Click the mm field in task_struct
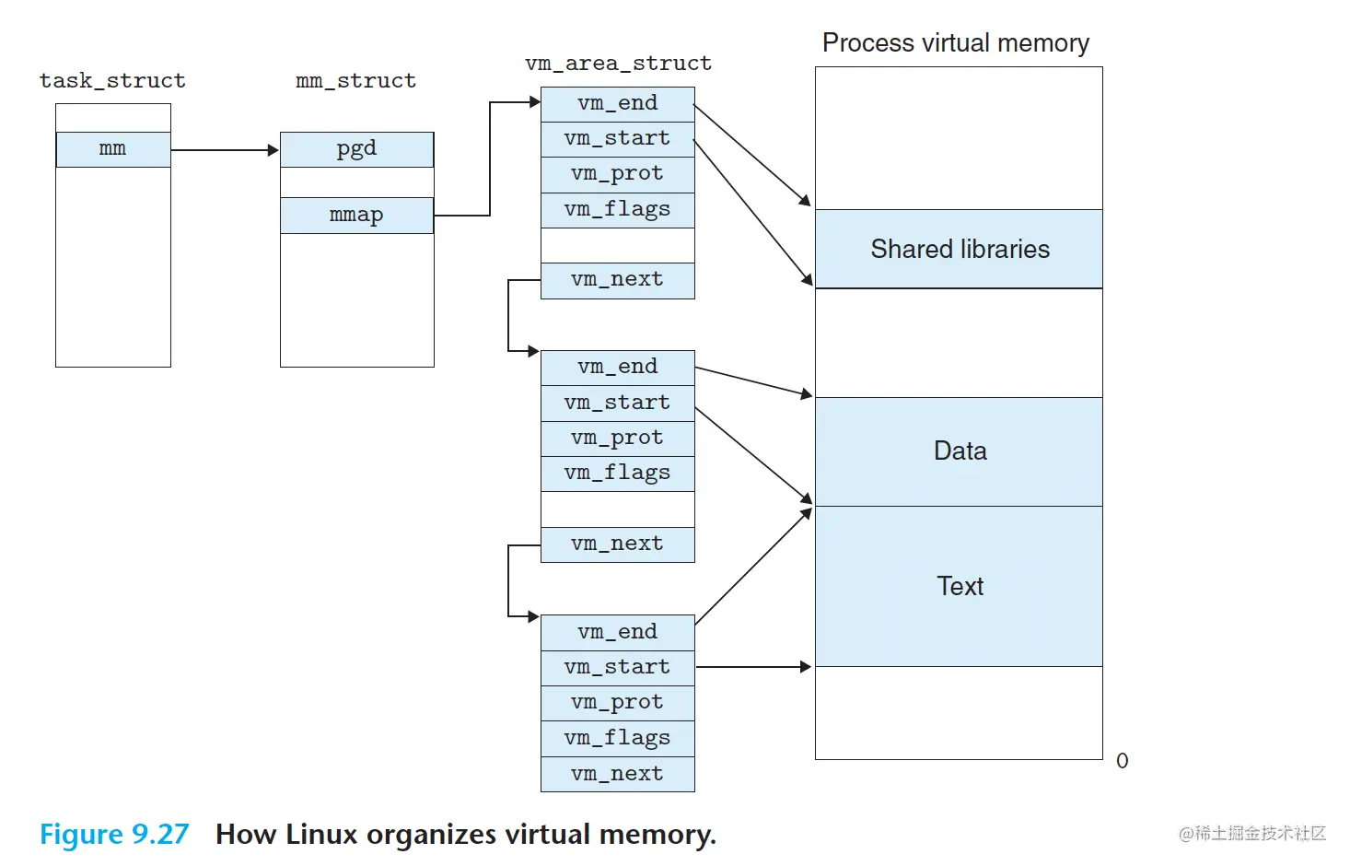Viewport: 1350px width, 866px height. tap(113, 149)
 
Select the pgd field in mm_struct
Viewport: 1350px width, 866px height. tap(356, 149)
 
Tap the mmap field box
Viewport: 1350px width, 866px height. tap(356, 216)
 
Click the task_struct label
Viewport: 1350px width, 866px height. tap(112, 81)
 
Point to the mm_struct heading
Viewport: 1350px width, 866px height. tap(355, 81)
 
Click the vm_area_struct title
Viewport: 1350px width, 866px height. tap(618, 64)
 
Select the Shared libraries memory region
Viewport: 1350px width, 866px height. tap(959, 250)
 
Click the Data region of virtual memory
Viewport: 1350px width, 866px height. tap(959, 451)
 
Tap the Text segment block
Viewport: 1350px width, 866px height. tap(959, 587)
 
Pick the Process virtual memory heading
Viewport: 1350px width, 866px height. tap(955, 43)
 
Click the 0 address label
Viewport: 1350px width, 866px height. tap(1122, 761)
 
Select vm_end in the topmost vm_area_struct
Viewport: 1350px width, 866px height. tap(617, 104)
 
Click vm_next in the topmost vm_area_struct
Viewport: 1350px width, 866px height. tap(617, 280)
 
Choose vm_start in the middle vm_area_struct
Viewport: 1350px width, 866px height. tap(617, 403)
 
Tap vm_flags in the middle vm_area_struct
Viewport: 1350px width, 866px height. tap(617, 474)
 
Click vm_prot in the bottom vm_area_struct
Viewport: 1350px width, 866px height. tap(617, 703)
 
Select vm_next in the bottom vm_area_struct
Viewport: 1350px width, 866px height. tap(617, 774)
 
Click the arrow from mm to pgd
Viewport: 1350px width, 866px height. tap(225, 150)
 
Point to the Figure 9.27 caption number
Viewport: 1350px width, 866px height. tap(114, 835)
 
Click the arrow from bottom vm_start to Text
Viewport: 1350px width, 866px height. tap(753, 667)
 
